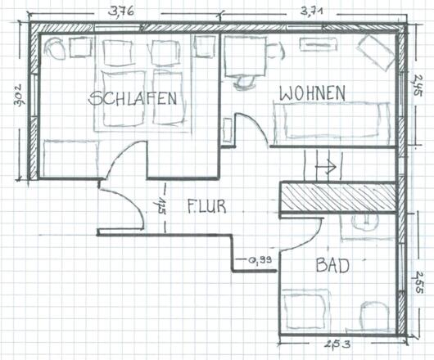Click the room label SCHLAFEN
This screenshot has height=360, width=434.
[x=133, y=99]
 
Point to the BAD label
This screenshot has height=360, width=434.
[x=332, y=265]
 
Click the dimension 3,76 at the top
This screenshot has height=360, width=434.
[x=120, y=10]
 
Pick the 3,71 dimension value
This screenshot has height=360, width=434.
[x=315, y=10]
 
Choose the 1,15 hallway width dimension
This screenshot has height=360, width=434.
[x=162, y=205]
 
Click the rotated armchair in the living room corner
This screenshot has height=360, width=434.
[x=376, y=51]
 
